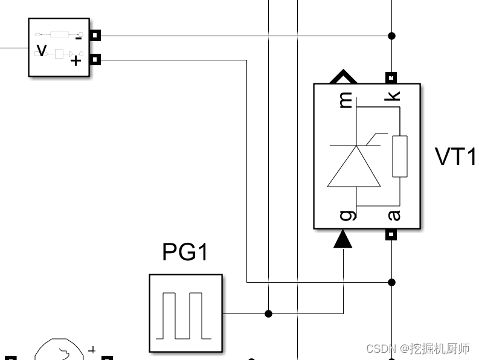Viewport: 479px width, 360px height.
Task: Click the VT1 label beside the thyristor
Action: (x=455, y=156)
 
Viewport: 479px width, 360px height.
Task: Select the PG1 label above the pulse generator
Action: (x=185, y=252)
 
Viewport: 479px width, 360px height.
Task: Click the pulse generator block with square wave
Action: (x=186, y=313)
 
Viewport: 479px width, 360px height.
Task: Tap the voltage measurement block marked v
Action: (x=59, y=48)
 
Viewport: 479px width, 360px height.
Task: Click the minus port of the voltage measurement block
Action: (x=95, y=36)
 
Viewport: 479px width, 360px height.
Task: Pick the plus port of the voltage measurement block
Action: (x=95, y=60)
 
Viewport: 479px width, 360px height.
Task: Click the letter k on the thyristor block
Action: (x=393, y=96)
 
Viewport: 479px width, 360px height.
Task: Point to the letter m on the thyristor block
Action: (x=346, y=100)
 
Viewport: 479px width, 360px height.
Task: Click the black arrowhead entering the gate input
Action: (x=343, y=240)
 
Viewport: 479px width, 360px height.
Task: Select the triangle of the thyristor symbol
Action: (x=354, y=167)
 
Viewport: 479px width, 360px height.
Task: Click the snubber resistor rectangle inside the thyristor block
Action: (x=399, y=156)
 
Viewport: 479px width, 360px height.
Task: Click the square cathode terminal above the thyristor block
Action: (x=391, y=78)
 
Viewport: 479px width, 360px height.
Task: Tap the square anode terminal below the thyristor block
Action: (x=391, y=234)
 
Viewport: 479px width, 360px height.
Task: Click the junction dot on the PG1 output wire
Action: (x=269, y=313)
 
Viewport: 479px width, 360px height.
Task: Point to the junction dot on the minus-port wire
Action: (x=392, y=36)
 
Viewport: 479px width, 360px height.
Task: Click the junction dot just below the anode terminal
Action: (x=392, y=282)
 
